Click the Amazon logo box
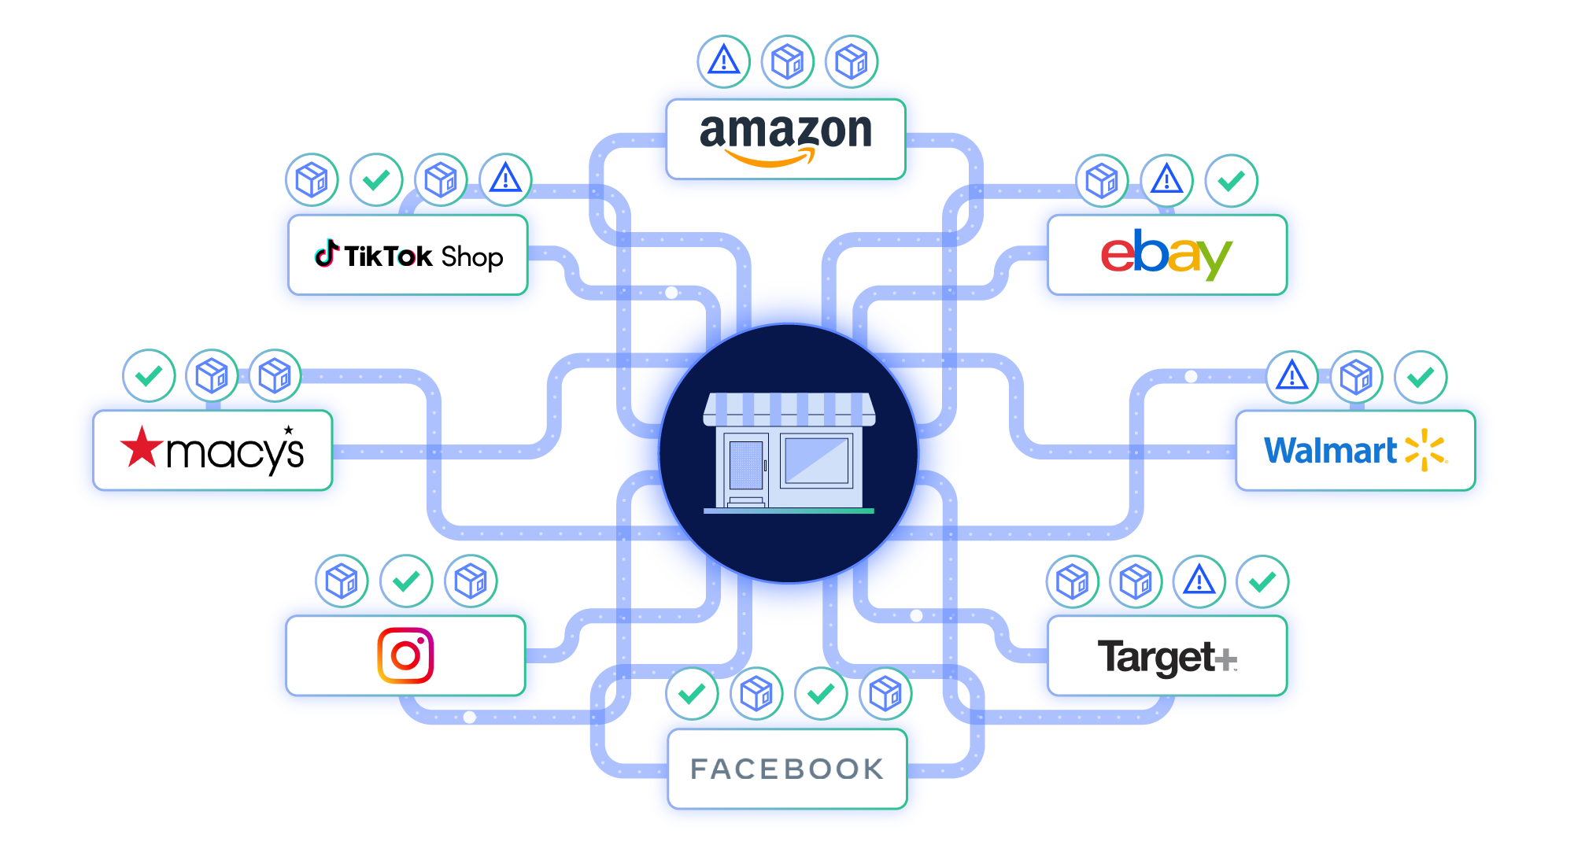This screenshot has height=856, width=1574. pyautogui.click(x=785, y=139)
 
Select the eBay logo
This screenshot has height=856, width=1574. pyautogui.click(x=1166, y=254)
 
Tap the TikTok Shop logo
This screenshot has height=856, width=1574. pyautogui.click(x=408, y=256)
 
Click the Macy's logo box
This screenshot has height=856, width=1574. pyautogui.click(x=212, y=451)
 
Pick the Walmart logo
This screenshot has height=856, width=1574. pyautogui.click(x=1355, y=450)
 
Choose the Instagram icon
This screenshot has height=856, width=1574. pyautogui.click(x=405, y=655)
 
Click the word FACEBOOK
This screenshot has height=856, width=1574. pyautogui.click(x=787, y=769)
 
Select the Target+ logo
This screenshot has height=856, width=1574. pyautogui.click(x=1167, y=657)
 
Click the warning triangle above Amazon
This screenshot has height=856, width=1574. pyautogui.click(x=724, y=61)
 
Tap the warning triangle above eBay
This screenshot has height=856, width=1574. pyautogui.click(x=1167, y=181)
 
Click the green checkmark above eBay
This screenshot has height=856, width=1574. pyautogui.click(x=1232, y=181)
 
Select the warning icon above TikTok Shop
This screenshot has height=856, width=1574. pyautogui.click(x=506, y=179)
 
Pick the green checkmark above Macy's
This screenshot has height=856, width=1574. pyautogui.click(x=149, y=376)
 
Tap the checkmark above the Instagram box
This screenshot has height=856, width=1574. pyautogui.click(x=406, y=581)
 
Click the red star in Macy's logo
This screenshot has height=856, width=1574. pyautogui.click(x=142, y=447)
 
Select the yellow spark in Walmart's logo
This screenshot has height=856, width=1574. pyautogui.click(x=1426, y=450)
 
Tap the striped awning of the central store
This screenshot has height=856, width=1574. pyautogui.click(x=789, y=408)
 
